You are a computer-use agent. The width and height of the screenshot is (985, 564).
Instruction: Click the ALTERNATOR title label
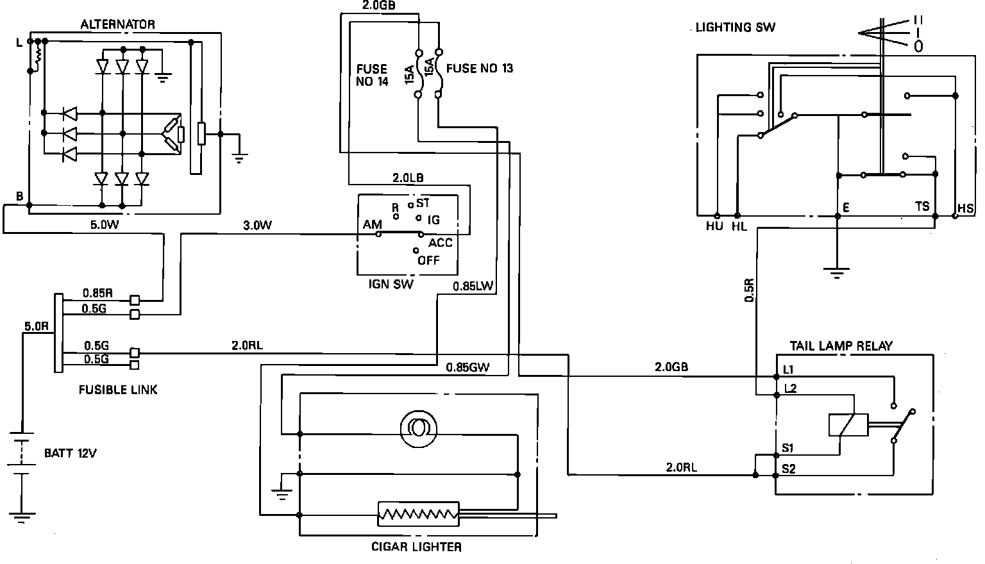coord(117,24)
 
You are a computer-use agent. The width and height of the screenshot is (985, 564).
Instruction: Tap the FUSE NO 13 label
coord(479,68)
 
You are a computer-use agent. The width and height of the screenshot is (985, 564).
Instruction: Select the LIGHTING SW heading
coord(736,28)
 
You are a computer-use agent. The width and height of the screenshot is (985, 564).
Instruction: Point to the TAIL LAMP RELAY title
coord(841,346)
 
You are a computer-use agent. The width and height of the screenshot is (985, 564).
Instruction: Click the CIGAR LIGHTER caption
coord(416,547)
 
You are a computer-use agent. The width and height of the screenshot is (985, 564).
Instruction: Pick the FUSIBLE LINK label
coord(118,390)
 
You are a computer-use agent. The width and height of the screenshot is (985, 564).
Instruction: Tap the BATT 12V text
coord(71,453)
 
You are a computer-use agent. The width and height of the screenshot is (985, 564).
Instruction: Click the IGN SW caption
coord(391,284)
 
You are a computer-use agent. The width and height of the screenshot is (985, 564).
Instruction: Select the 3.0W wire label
coord(257,225)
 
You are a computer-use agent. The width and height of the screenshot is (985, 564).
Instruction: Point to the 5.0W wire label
coord(105,224)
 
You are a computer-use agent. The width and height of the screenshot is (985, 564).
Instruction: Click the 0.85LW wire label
coord(473,286)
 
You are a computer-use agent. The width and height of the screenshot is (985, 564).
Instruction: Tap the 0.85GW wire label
coord(467,367)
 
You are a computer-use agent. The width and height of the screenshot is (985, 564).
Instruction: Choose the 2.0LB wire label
coord(408,178)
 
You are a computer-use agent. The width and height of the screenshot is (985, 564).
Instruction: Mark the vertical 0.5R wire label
coord(749,290)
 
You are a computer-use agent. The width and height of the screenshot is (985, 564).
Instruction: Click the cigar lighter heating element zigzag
coord(418,514)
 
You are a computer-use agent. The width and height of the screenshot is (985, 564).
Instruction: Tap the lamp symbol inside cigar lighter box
coord(418,429)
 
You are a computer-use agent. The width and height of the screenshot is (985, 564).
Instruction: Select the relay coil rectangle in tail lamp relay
coord(848,425)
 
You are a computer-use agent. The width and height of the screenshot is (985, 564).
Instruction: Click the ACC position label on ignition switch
coord(440,243)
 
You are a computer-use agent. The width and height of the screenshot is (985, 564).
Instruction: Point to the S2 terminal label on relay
coord(788,469)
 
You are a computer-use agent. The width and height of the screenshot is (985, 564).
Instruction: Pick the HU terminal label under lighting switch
coord(714,226)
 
